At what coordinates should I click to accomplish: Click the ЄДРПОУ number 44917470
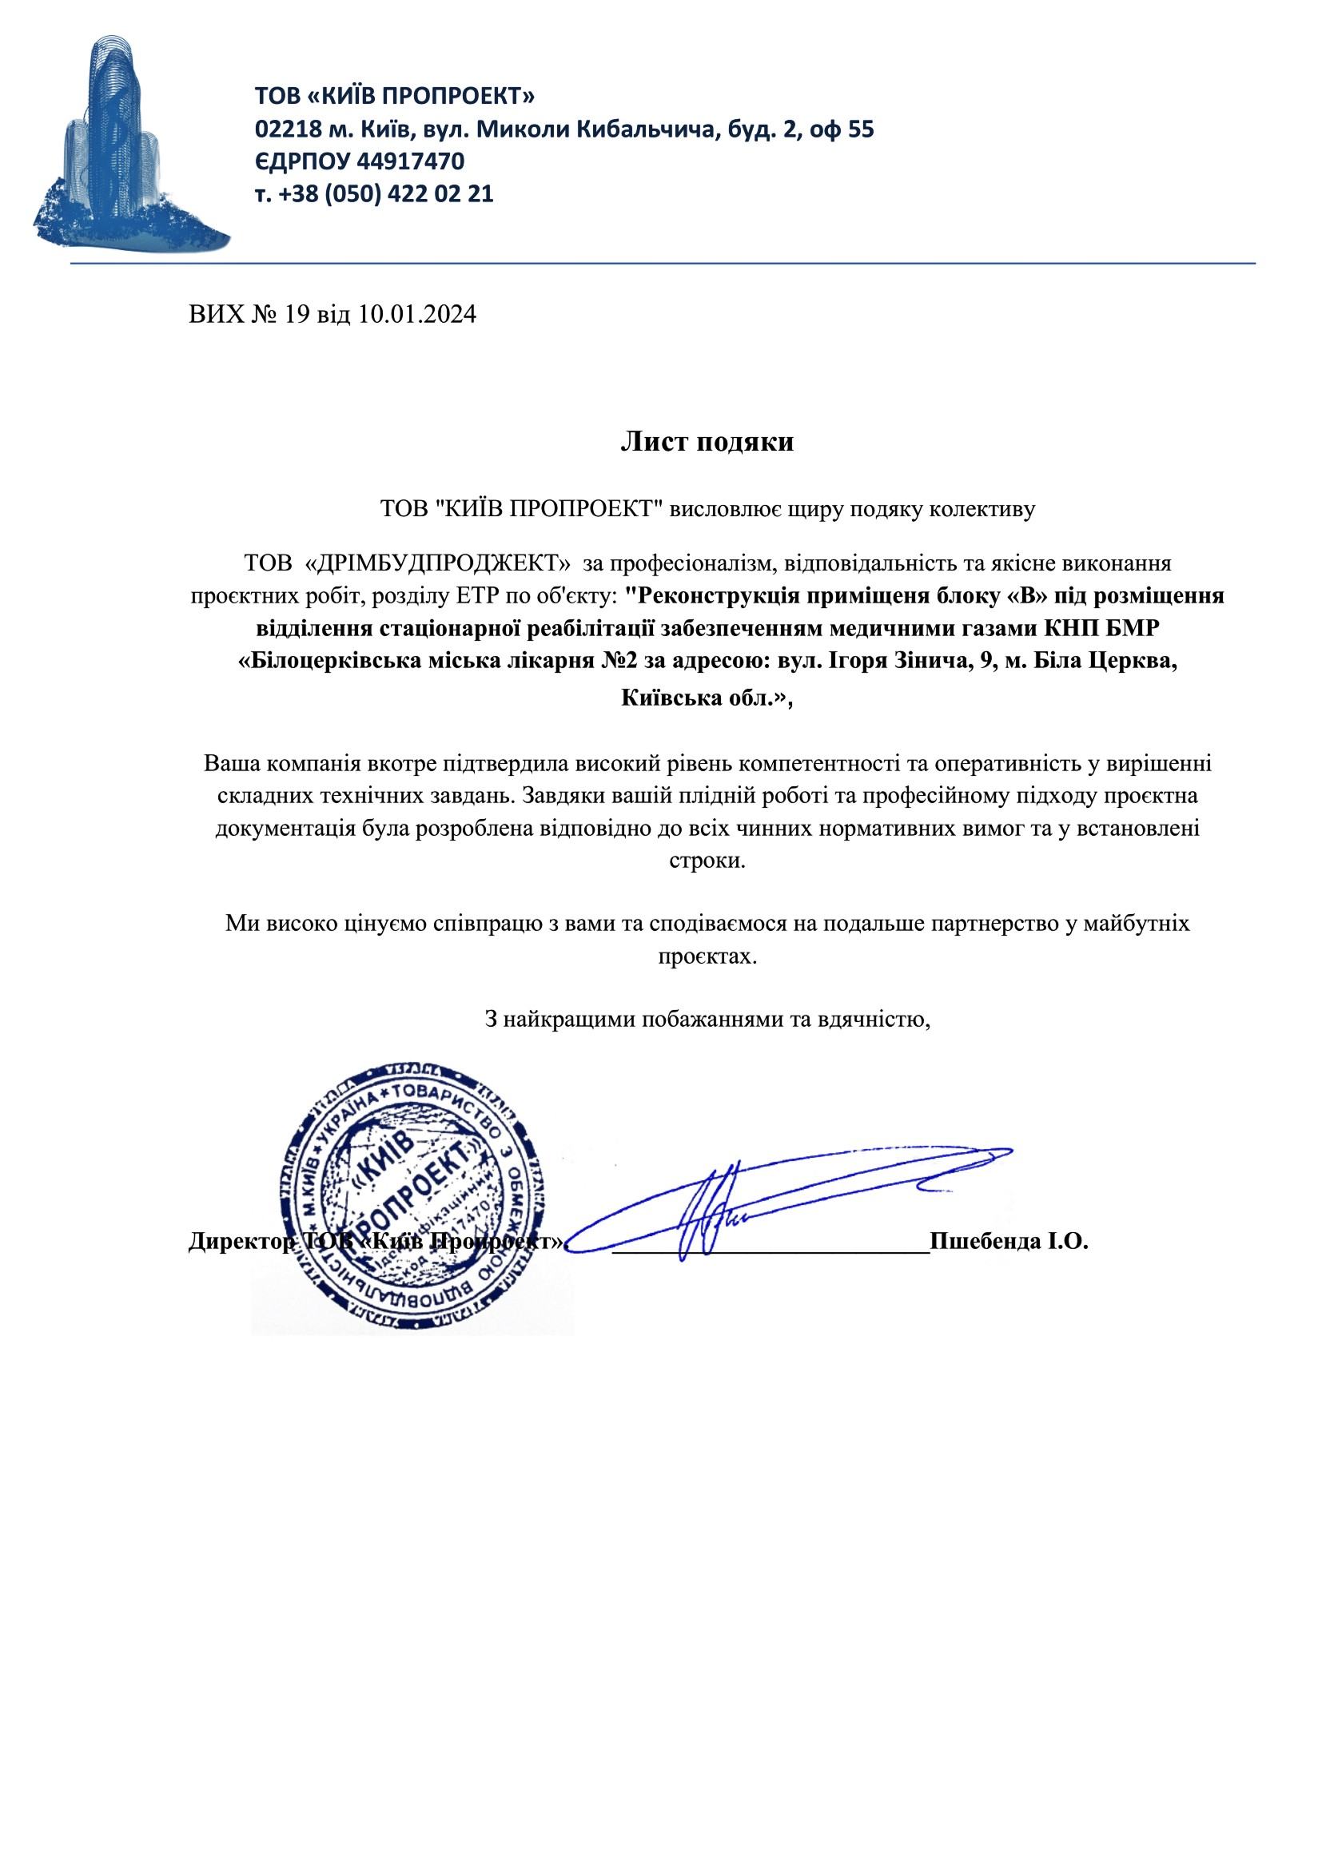(x=411, y=162)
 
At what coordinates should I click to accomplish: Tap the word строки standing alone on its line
(x=707, y=861)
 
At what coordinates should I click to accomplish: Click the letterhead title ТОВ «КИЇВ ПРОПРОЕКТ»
(x=395, y=97)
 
